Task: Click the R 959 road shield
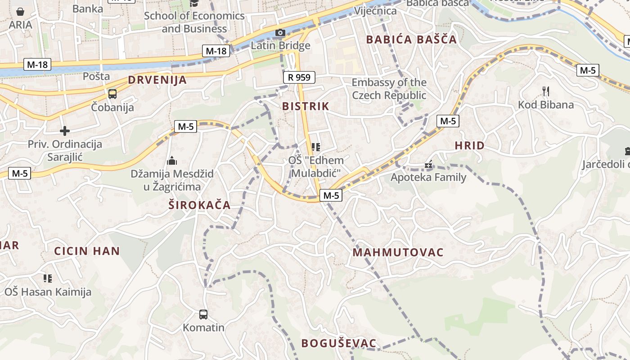299,77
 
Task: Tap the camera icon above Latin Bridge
280,32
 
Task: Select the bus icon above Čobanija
112,94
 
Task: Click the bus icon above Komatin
203,314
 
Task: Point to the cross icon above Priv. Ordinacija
65,131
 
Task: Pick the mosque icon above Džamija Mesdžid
172,161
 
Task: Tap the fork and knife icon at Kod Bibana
546,91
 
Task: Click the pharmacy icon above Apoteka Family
428,165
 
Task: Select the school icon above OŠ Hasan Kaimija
48,279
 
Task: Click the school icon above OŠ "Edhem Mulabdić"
316,147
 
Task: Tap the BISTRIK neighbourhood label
306,107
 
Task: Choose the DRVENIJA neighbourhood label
157,80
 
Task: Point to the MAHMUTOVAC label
398,252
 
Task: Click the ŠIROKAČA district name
199,205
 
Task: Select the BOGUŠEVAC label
338,343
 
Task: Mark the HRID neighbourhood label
469,145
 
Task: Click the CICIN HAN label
87,251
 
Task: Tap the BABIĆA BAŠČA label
411,40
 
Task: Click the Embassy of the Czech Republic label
389,89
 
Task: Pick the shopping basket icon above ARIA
20,12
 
